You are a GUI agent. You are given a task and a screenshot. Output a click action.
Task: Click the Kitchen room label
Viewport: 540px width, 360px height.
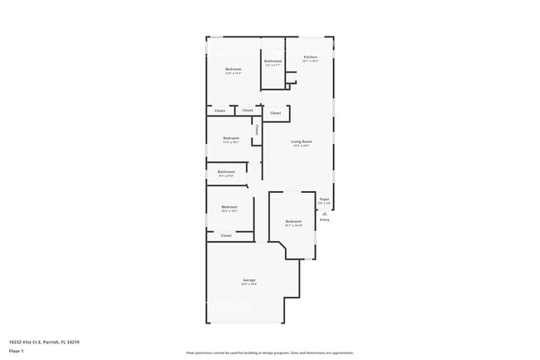tap(310, 57)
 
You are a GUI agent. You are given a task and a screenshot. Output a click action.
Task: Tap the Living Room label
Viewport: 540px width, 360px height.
tap(301, 141)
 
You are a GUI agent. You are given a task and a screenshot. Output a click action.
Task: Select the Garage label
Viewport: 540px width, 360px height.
tap(249, 280)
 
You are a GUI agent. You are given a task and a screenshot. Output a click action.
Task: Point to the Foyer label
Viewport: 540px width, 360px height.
tap(325, 199)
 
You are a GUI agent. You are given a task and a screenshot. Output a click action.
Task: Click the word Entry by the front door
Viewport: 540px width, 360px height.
tap(325, 219)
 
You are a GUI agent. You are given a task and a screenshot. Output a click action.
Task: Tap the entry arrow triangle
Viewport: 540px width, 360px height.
tap(325, 213)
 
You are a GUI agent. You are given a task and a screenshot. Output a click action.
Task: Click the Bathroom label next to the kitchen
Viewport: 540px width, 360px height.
tap(273, 61)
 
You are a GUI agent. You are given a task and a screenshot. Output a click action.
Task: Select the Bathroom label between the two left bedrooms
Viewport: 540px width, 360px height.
tap(227, 172)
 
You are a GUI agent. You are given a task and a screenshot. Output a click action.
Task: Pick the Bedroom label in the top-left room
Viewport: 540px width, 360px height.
tap(233, 69)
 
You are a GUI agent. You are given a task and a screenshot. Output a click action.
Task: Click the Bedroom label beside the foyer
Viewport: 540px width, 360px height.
tap(293, 221)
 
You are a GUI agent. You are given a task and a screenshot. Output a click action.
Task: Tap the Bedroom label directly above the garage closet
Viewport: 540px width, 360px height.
tap(229, 207)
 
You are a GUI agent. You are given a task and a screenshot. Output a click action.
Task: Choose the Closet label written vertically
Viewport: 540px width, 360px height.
tap(257, 130)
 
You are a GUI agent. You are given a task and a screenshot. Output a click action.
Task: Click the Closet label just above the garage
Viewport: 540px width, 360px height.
tap(226, 236)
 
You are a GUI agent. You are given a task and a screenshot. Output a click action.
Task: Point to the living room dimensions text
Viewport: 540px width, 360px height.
tap(301, 146)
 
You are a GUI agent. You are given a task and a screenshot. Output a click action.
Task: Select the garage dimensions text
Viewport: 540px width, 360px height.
tap(249, 285)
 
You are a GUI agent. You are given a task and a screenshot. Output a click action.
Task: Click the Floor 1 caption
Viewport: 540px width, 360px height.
tap(15, 350)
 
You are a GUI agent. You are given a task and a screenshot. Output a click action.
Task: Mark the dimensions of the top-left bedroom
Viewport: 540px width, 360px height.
tap(233, 74)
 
